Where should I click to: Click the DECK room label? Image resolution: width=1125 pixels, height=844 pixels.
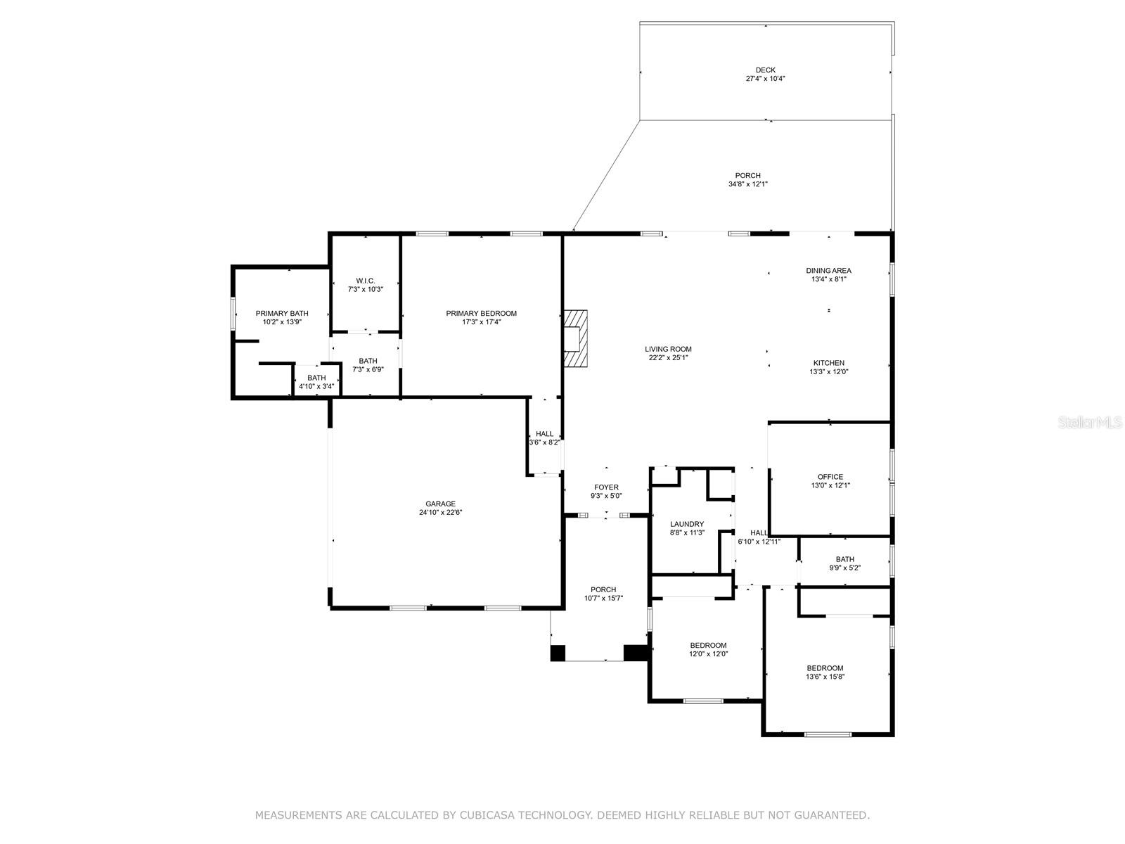765,70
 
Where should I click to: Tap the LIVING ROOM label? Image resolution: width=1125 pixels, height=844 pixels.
668,350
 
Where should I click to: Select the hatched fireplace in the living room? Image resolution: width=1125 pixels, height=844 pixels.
576,338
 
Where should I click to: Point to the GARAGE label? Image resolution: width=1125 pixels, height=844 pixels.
440,504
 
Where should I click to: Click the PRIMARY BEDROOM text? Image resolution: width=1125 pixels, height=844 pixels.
481,314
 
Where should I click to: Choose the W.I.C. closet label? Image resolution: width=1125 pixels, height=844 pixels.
366,281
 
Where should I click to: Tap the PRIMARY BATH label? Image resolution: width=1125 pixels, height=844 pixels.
282,314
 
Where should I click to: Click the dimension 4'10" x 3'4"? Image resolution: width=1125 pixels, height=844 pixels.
316,386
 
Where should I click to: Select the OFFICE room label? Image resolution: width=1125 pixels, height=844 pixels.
830,477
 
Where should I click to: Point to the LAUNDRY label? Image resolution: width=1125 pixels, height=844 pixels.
687,524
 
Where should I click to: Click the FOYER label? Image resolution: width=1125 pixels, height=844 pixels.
606,487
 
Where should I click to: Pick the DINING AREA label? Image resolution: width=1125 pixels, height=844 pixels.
828,271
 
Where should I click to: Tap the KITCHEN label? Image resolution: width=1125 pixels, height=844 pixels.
829,363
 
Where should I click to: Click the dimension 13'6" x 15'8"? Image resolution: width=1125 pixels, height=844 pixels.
825,677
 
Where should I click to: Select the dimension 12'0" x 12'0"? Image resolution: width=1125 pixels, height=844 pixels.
708,654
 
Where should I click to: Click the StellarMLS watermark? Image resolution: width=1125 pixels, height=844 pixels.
1090,422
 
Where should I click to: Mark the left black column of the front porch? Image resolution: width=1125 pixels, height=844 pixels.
558,653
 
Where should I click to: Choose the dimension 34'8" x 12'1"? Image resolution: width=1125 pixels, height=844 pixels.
748,184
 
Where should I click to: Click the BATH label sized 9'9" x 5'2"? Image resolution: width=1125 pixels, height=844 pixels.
844,559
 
